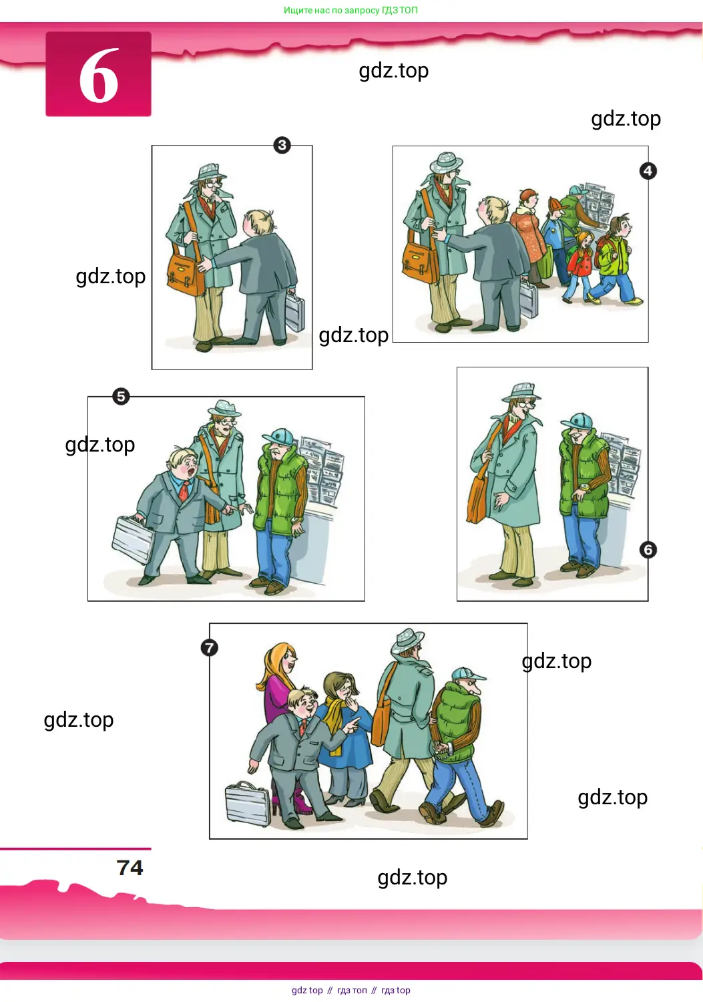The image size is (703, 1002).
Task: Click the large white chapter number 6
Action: pos(98,75)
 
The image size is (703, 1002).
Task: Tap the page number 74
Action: pos(130,867)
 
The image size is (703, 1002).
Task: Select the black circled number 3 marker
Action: pos(282,145)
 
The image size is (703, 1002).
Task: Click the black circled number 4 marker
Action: pos(648,170)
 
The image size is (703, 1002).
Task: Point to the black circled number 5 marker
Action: pos(121,396)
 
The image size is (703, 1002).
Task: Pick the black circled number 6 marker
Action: pos(648,550)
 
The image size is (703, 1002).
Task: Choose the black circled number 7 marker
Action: pos(209,648)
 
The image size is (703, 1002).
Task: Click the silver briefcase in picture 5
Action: pos(132,539)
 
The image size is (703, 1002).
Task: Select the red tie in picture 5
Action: pos(184,491)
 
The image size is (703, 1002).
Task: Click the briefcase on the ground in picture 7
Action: pos(247,804)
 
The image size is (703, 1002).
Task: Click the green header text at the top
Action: pos(350,10)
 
